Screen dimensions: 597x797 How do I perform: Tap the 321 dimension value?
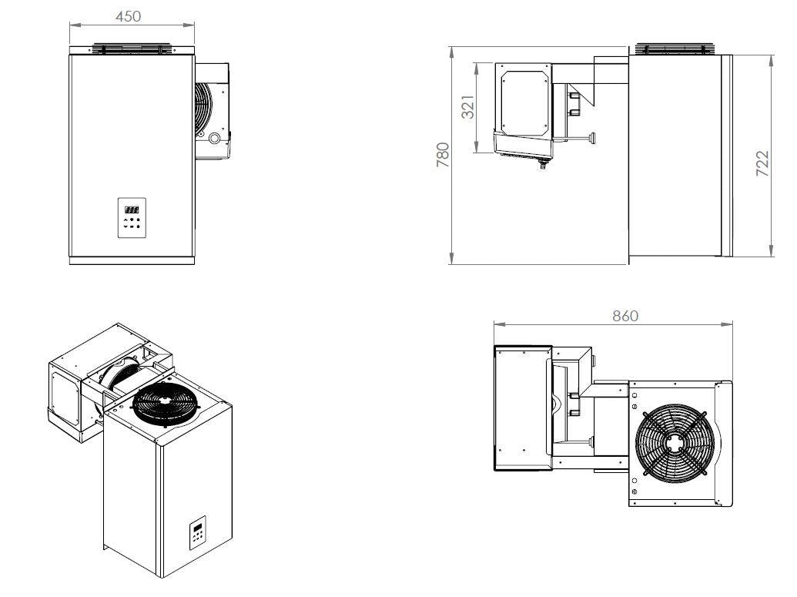coord(467,107)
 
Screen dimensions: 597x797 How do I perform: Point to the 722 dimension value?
coord(762,164)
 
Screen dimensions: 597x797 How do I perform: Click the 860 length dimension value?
coord(625,316)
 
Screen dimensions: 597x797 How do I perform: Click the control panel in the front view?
coord(132,217)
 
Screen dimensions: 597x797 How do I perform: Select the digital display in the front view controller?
coord(132,209)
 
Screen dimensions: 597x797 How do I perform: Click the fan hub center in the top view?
coord(675,442)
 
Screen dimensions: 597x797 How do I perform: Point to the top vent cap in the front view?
coord(129,49)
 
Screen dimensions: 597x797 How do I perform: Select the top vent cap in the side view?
coord(675,49)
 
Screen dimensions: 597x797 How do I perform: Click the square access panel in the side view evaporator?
coord(523,102)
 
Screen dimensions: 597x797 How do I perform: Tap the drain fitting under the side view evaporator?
coord(541,163)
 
